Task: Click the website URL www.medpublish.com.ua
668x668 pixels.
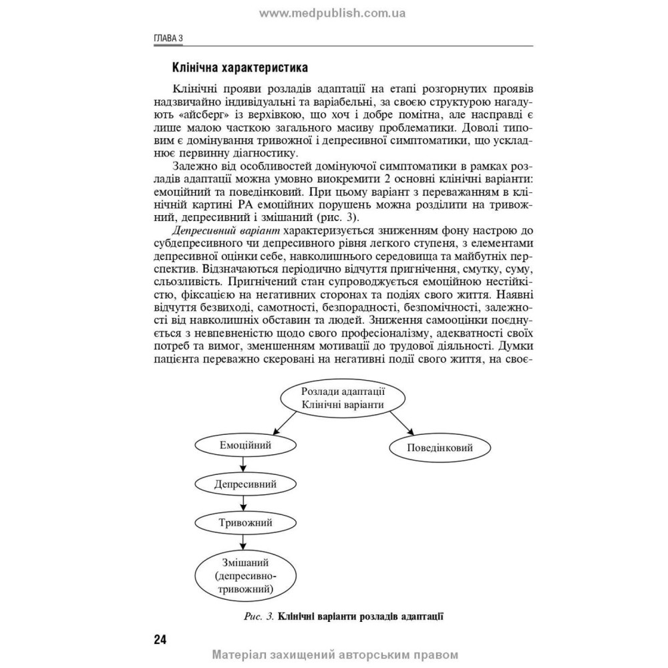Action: click(x=333, y=13)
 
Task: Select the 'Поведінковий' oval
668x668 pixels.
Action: click(x=440, y=447)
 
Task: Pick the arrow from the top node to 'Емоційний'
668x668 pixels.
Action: click(x=281, y=422)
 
